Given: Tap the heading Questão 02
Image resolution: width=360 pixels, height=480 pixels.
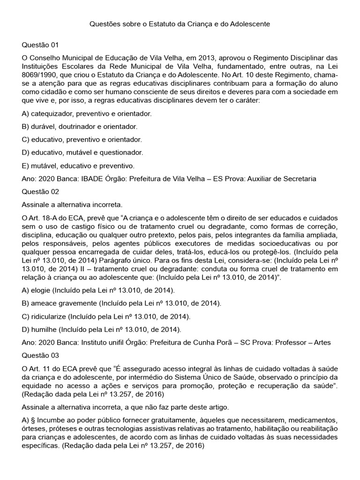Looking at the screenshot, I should tap(41, 192).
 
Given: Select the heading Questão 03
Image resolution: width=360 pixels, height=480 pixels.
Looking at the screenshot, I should tap(41, 355).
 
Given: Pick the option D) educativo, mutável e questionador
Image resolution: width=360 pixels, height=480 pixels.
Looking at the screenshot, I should tap(82, 152).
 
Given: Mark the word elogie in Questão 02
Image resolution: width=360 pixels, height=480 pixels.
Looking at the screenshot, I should tap(42, 290).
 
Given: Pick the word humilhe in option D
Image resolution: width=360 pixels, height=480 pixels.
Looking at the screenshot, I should tap(45, 330).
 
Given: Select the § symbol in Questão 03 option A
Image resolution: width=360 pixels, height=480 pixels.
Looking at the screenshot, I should tap(34, 417).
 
